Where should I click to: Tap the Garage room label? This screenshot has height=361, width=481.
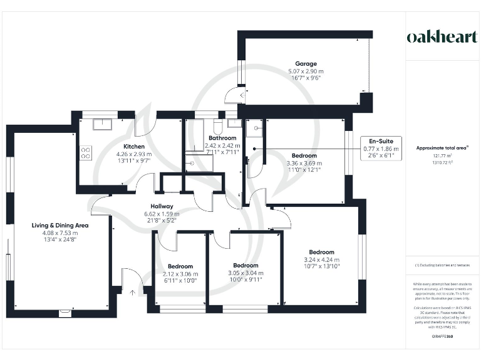pyautogui.click(x=306, y=64)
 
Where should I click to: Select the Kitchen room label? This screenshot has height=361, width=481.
pyautogui.click(x=134, y=146)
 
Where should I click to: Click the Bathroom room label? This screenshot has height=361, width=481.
pyautogui.click(x=222, y=138)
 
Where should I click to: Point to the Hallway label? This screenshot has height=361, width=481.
pyautogui.click(x=162, y=206)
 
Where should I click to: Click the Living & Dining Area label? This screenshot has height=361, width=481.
pyautogui.click(x=60, y=225)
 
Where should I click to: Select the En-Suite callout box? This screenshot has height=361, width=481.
pyautogui.click(x=381, y=149)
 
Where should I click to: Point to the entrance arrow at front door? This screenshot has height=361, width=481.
pyautogui.click(x=133, y=291)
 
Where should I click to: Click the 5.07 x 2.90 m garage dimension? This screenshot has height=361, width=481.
pyautogui.click(x=306, y=71)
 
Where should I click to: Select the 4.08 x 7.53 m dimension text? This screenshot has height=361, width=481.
pyautogui.click(x=60, y=233)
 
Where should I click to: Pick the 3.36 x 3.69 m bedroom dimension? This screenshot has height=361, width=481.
pyautogui.click(x=304, y=163)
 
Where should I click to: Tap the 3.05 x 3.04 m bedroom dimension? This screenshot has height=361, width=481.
pyautogui.click(x=245, y=273)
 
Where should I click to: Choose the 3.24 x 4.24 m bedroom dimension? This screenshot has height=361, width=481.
pyautogui.click(x=321, y=259)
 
